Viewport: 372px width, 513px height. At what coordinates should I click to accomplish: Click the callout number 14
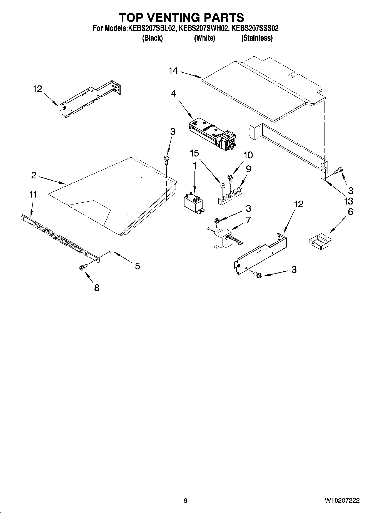(173, 71)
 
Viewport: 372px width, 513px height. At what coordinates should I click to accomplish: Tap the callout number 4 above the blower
(173, 93)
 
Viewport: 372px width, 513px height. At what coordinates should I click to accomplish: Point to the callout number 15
(194, 153)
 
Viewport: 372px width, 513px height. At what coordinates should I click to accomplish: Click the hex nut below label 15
(222, 185)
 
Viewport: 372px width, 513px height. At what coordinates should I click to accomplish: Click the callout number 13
(348, 201)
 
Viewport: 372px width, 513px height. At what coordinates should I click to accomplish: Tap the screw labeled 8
(83, 267)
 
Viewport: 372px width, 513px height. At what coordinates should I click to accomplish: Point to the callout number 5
(137, 266)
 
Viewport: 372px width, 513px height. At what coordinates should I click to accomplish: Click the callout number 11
(33, 194)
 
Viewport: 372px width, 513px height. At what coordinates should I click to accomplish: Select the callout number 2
(34, 175)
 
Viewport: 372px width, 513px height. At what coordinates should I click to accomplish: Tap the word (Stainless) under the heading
(257, 38)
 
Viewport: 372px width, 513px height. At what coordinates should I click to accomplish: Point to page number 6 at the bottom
(185, 501)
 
